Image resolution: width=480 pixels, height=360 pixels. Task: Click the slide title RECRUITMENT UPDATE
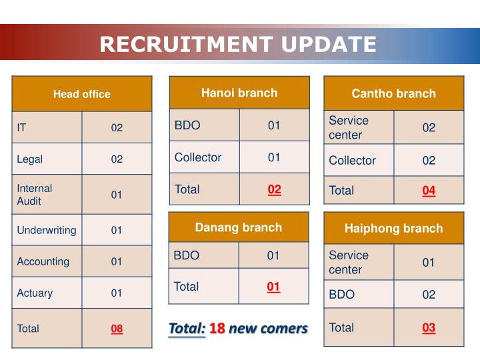click(x=238, y=44)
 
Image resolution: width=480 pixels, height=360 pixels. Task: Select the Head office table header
click(x=82, y=94)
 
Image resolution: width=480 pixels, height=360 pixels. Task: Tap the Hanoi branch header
click(x=239, y=93)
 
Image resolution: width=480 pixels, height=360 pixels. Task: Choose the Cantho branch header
click(x=393, y=93)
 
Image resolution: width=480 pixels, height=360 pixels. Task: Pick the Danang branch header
click(x=239, y=227)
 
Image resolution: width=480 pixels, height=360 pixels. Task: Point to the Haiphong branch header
click(x=393, y=229)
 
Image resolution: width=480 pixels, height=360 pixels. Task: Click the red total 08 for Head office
click(x=117, y=328)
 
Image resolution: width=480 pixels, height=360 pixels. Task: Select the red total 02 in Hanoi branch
click(x=275, y=189)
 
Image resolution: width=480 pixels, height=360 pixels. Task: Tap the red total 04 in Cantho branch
click(x=429, y=191)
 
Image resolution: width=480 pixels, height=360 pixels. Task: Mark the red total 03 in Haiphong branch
click(x=429, y=328)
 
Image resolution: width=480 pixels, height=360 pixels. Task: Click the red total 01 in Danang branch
click(x=273, y=287)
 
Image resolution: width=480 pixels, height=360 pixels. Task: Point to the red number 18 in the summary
click(x=217, y=328)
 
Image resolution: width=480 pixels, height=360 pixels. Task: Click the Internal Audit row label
click(x=35, y=195)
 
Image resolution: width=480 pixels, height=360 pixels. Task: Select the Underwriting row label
click(x=47, y=230)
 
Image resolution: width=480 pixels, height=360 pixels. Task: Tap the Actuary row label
click(x=35, y=293)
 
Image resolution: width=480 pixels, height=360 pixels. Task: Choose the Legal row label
click(x=30, y=159)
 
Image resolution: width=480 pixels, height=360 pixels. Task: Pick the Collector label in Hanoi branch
click(x=198, y=157)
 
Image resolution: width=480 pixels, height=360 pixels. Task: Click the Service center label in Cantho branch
click(x=349, y=127)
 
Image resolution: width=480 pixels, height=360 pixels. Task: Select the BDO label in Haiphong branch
click(x=342, y=294)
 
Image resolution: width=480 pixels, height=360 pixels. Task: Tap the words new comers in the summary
click(x=268, y=328)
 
